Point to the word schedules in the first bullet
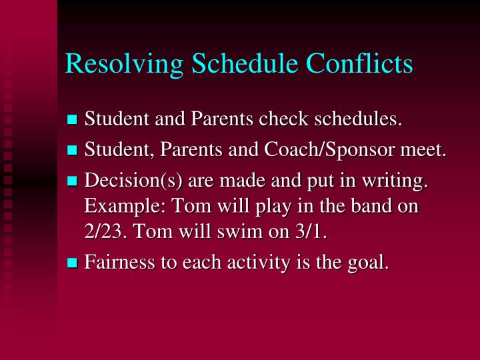[x=358, y=120]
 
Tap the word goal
[x=371, y=263]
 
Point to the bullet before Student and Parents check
[x=73, y=121]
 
